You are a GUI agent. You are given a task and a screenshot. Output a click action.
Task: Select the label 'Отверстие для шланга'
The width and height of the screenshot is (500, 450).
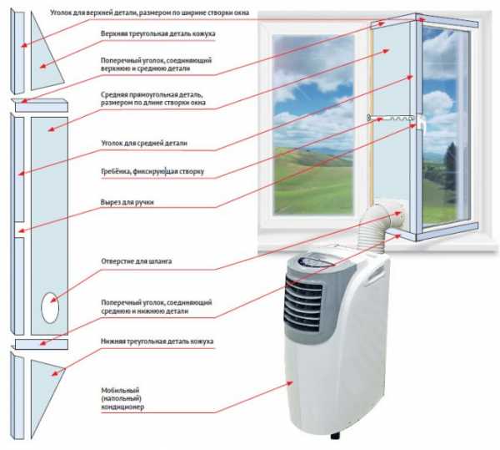(137, 261)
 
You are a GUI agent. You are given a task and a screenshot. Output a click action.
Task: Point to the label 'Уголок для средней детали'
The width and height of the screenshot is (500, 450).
(143, 144)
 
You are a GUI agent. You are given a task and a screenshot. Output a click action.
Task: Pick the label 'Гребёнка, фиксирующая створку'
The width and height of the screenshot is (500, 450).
(152, 174)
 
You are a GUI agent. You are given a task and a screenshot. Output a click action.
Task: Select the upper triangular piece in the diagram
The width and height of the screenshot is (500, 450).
(41, 58)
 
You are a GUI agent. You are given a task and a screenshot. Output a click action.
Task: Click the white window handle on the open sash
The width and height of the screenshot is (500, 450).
(424, 125)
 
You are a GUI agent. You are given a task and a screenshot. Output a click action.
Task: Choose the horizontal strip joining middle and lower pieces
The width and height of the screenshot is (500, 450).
(37, 344)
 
